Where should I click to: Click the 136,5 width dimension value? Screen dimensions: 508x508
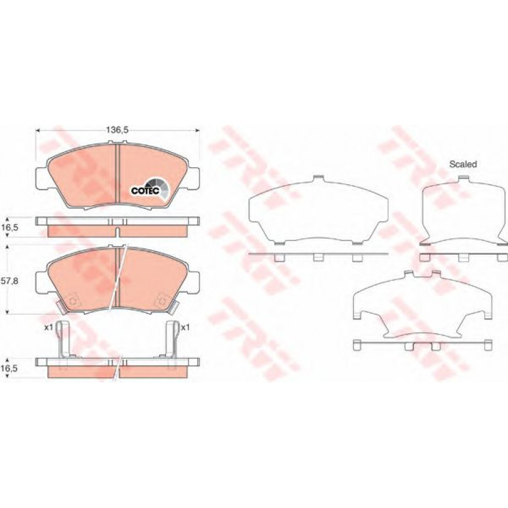click(117, 130)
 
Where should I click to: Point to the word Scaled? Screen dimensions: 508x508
click(463, 164)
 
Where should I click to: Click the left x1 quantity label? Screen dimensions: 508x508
click(49, 328)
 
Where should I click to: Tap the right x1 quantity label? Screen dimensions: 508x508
click(185, 328)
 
